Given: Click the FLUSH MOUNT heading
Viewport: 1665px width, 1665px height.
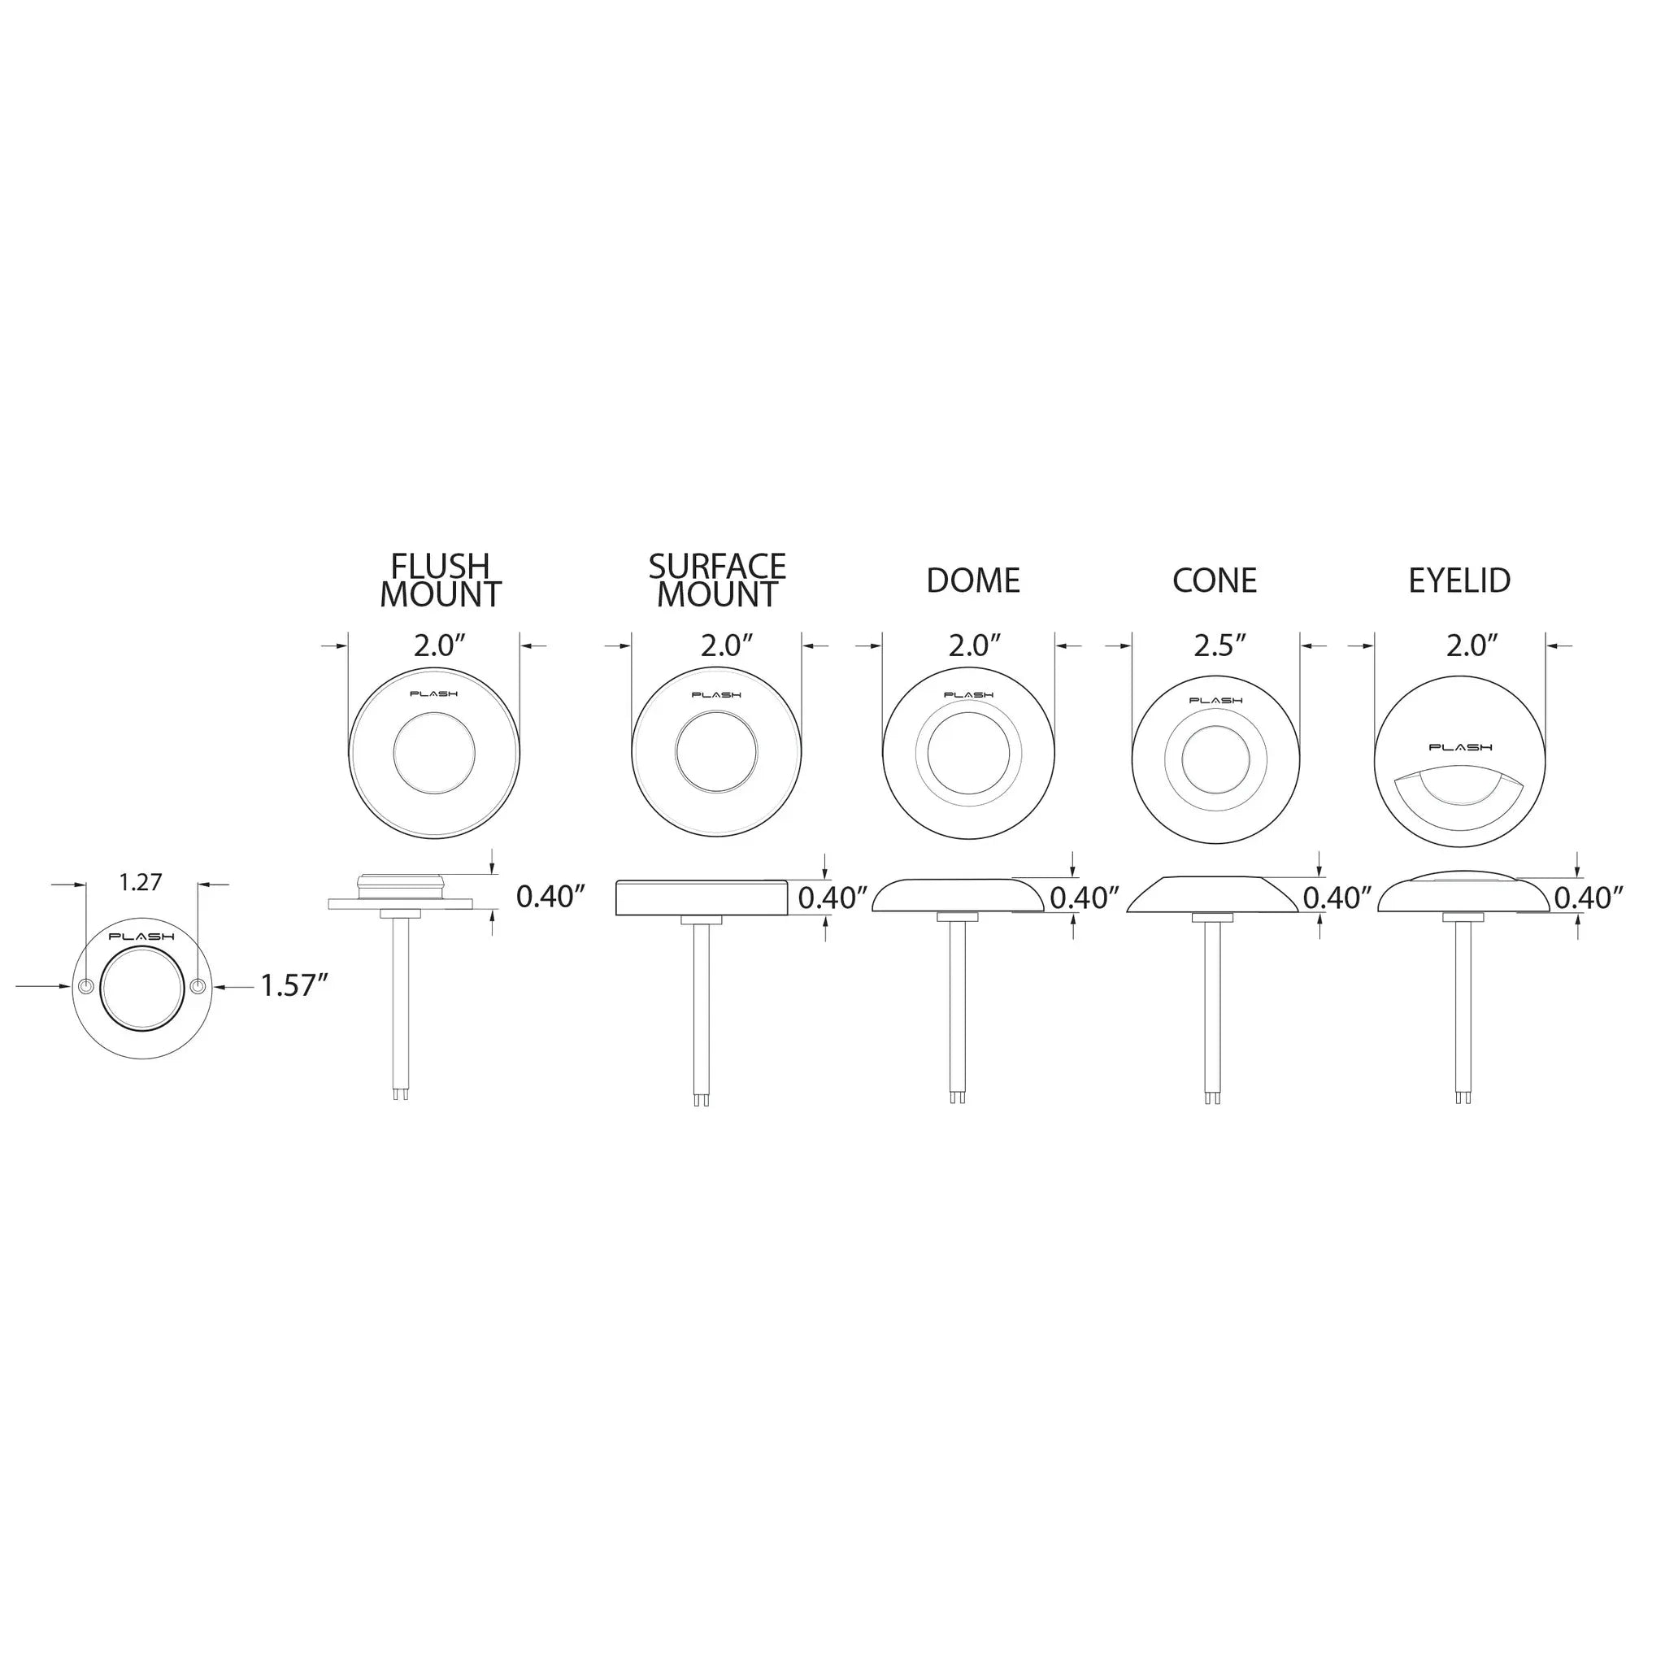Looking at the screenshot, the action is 441,580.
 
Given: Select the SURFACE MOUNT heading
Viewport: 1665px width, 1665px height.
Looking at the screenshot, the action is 717,580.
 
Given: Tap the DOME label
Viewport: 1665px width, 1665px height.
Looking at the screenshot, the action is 973,580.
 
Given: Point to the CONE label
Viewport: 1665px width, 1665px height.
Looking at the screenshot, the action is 1215,580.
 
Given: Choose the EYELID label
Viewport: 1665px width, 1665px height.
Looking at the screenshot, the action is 1460,580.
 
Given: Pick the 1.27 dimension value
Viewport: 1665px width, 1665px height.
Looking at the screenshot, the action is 141,882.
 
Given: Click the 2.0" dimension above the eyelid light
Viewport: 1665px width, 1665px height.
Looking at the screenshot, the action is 1473,646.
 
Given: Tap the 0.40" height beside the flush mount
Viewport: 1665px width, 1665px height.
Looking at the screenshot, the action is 550,898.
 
